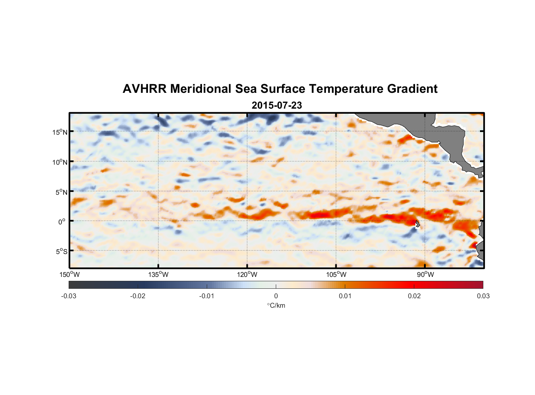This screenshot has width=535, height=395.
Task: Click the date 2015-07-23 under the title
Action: [x=277, y=105]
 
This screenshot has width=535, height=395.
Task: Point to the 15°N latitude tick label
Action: [x=60, y=132]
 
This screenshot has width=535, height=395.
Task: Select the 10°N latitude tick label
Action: [x=60, y=162]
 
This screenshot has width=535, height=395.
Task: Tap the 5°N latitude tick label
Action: [x=61, y=192]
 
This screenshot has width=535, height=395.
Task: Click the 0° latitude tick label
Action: [x=62, y=222]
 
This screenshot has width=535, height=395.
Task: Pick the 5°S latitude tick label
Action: [x=61, y=251]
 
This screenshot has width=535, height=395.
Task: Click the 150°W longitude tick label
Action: [x=69, y=275]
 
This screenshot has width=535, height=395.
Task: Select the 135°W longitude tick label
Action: [x=158, y=275]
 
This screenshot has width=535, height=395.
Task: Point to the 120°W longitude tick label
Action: [x=247, y=275]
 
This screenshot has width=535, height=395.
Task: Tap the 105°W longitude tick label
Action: [x=336, y=275]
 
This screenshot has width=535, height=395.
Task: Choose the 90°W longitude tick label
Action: [x=425, y=275]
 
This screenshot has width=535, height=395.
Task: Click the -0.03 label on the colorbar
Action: [x=69, y=296]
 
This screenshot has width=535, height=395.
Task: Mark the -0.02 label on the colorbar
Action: [x=138, y=296]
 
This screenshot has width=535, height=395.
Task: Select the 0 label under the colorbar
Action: [x=276, y=296]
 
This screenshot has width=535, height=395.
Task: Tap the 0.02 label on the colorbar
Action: [x=414, y=296]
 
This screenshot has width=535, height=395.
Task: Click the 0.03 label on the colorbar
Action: [x=483, y=296]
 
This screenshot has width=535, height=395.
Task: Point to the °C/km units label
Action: [x=276, y=305]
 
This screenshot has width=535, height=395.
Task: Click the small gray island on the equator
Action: [x=417, y=224]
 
